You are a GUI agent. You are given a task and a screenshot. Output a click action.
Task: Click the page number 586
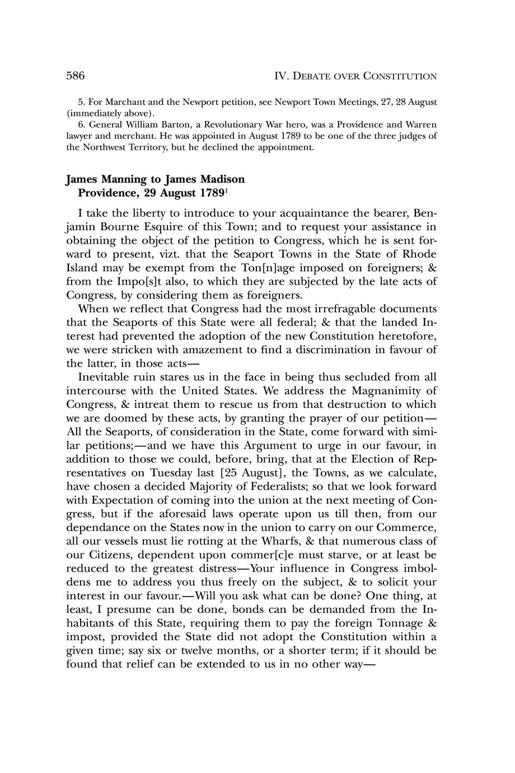(x=75, y=76)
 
